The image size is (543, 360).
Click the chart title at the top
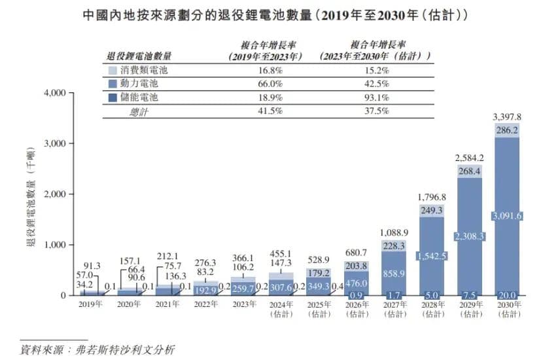(271, 14)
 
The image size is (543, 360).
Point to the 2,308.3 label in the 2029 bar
(469, 236)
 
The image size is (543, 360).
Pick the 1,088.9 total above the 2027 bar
(394, 232)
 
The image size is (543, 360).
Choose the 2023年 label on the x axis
(243, 304)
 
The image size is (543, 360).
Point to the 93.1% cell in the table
(376, 98)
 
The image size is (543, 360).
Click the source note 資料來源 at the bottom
(98, 348)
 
